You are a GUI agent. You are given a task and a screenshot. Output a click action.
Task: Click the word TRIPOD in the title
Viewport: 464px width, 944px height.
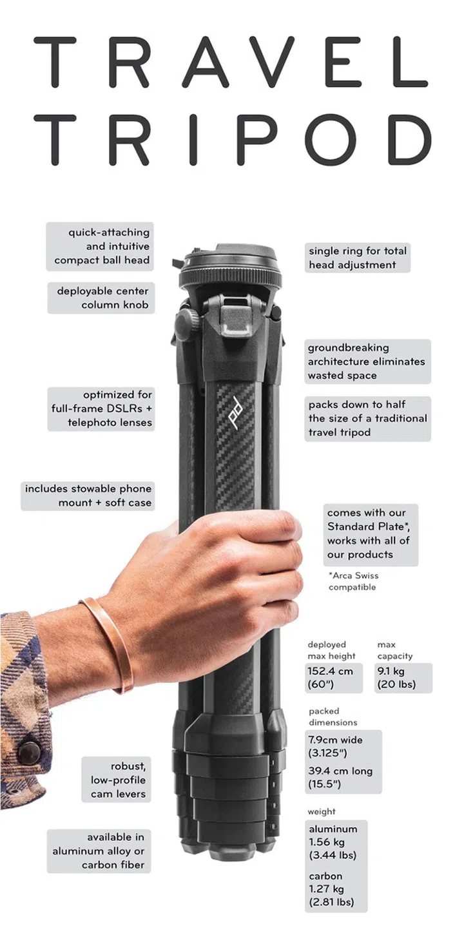[x=233, y=139]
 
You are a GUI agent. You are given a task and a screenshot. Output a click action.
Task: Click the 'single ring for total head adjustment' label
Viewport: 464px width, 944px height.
[x=358, y=258]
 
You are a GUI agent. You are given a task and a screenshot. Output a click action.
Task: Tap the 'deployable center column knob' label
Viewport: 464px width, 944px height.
[x=101, y=298]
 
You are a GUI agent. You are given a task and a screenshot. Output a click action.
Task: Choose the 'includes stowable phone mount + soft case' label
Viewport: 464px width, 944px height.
[x=88, y=496]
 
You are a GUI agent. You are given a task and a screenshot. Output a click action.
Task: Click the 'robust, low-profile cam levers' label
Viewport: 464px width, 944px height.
[x=116, y=780]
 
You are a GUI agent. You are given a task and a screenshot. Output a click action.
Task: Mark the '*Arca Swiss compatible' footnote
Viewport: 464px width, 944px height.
[x=353, y=581]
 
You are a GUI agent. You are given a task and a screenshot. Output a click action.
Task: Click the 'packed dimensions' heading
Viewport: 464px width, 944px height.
[x=333, y=717]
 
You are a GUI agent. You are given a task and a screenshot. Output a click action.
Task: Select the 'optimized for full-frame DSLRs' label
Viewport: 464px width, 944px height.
[x=101, y=409]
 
